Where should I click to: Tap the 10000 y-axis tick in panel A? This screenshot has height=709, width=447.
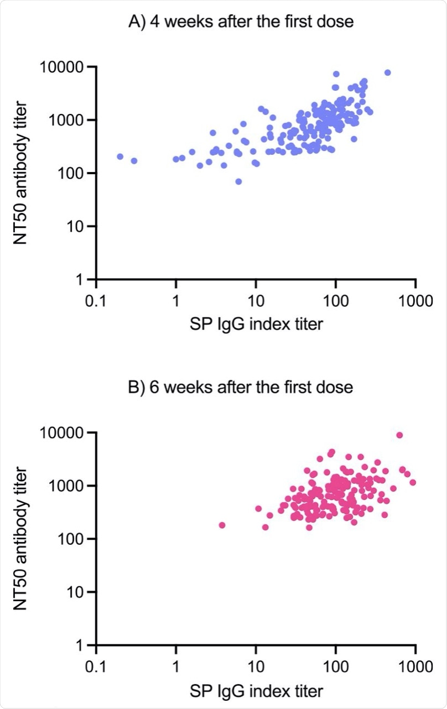point(66,67)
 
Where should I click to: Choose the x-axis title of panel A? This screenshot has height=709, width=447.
point(256,324)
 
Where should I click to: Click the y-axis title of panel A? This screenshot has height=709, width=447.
point(24,173)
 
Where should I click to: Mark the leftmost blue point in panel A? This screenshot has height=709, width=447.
point(120,157)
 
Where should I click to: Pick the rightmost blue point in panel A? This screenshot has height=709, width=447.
point(387,72)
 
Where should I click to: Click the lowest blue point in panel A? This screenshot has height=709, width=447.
point(238,181)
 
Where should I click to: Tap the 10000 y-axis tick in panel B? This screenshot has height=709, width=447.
point(66,433)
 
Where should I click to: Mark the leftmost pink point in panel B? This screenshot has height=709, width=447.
point(222,525)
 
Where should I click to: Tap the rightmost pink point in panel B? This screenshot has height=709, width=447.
point(412,482)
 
